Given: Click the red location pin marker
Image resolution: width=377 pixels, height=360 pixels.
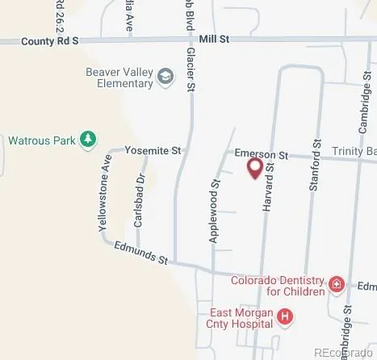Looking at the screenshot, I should coord(254,168).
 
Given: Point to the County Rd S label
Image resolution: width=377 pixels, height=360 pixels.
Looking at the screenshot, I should coord(50,40).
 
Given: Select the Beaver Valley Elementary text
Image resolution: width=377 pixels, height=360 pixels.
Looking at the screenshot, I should coord(119,77).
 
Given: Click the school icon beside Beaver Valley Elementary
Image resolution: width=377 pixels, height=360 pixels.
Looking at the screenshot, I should coord(165,77).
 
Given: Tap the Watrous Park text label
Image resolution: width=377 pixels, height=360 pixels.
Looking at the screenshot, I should coord(41,140).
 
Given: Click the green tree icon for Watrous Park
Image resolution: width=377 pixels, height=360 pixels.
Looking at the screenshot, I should coord(88,140).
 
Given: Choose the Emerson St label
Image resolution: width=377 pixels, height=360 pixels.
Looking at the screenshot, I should coord(261,153).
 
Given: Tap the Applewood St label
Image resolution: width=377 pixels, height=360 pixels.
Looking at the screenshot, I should coord(215,212).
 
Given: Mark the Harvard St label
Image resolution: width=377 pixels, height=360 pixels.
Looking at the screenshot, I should coord(270,187).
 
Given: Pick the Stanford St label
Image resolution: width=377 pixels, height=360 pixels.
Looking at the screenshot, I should coord(316,186).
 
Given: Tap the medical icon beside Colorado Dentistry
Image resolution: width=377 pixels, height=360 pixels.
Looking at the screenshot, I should coord(336,284).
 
